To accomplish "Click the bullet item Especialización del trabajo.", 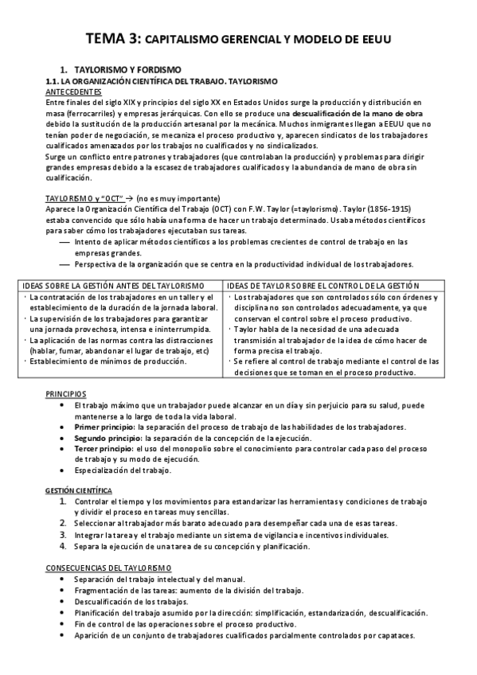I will point(123,470).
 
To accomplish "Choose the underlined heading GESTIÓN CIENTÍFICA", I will point(78,492).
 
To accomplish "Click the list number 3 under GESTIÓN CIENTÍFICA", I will point(63,536).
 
